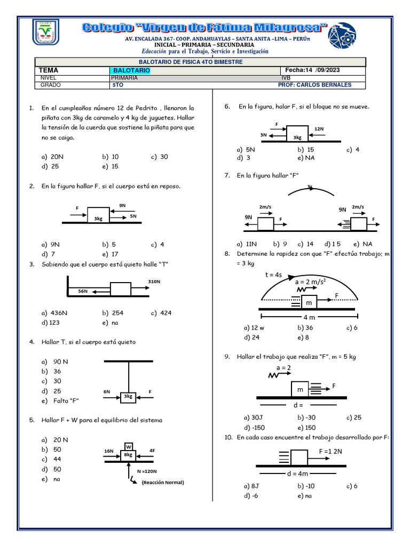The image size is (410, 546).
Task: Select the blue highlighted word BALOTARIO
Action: [x=131, y=70]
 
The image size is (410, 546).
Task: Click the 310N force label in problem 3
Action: [x=154, y=281]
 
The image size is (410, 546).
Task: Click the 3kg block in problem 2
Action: [x=98, y=215]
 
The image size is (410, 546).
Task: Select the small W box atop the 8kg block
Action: [x=128, y=446]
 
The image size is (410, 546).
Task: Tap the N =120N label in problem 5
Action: [x=147, y=471]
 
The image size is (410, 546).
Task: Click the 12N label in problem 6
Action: [x=319, y=129]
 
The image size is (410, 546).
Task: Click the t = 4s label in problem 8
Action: [x=273, y=275]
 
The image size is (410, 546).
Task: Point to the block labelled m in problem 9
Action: [x=300, y=390]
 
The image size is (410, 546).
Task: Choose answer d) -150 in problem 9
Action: [x=255, y=428]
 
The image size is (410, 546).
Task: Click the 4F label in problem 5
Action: [x=152, y=451]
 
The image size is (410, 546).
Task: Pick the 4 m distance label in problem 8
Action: [x=309, y=317]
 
